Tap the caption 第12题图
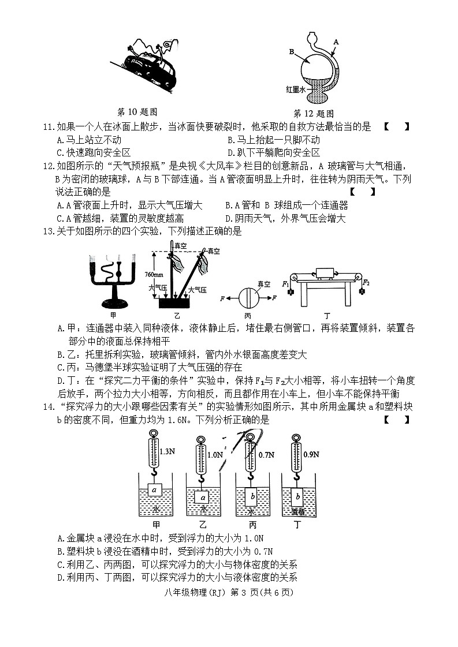(314, 114)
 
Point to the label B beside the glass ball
(292, 52)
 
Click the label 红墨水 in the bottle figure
(296, 89)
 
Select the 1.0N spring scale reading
(214, 455)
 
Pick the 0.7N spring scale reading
(266, 455)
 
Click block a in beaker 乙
(202, 497)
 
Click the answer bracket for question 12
(363, 192)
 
